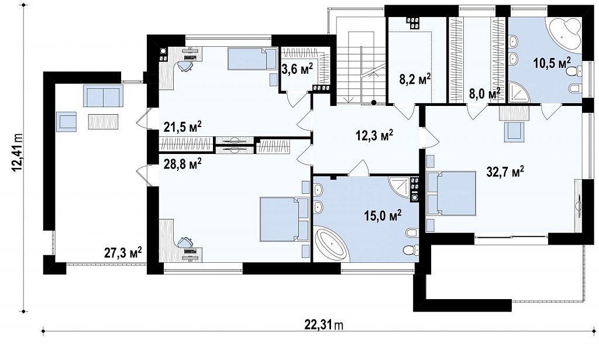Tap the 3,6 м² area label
pos(297,69)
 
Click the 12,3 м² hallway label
pos(374,136)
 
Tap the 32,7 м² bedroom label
pos(505,172)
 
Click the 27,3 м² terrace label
pos(123,253)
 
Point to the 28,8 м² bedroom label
pos(183,164)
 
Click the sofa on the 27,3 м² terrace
pos(104,96)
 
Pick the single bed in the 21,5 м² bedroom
pos(252,59)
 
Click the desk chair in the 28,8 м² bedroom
pos(185,242)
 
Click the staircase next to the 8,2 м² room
pos(360,67)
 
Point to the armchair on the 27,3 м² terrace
pos(67,122)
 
